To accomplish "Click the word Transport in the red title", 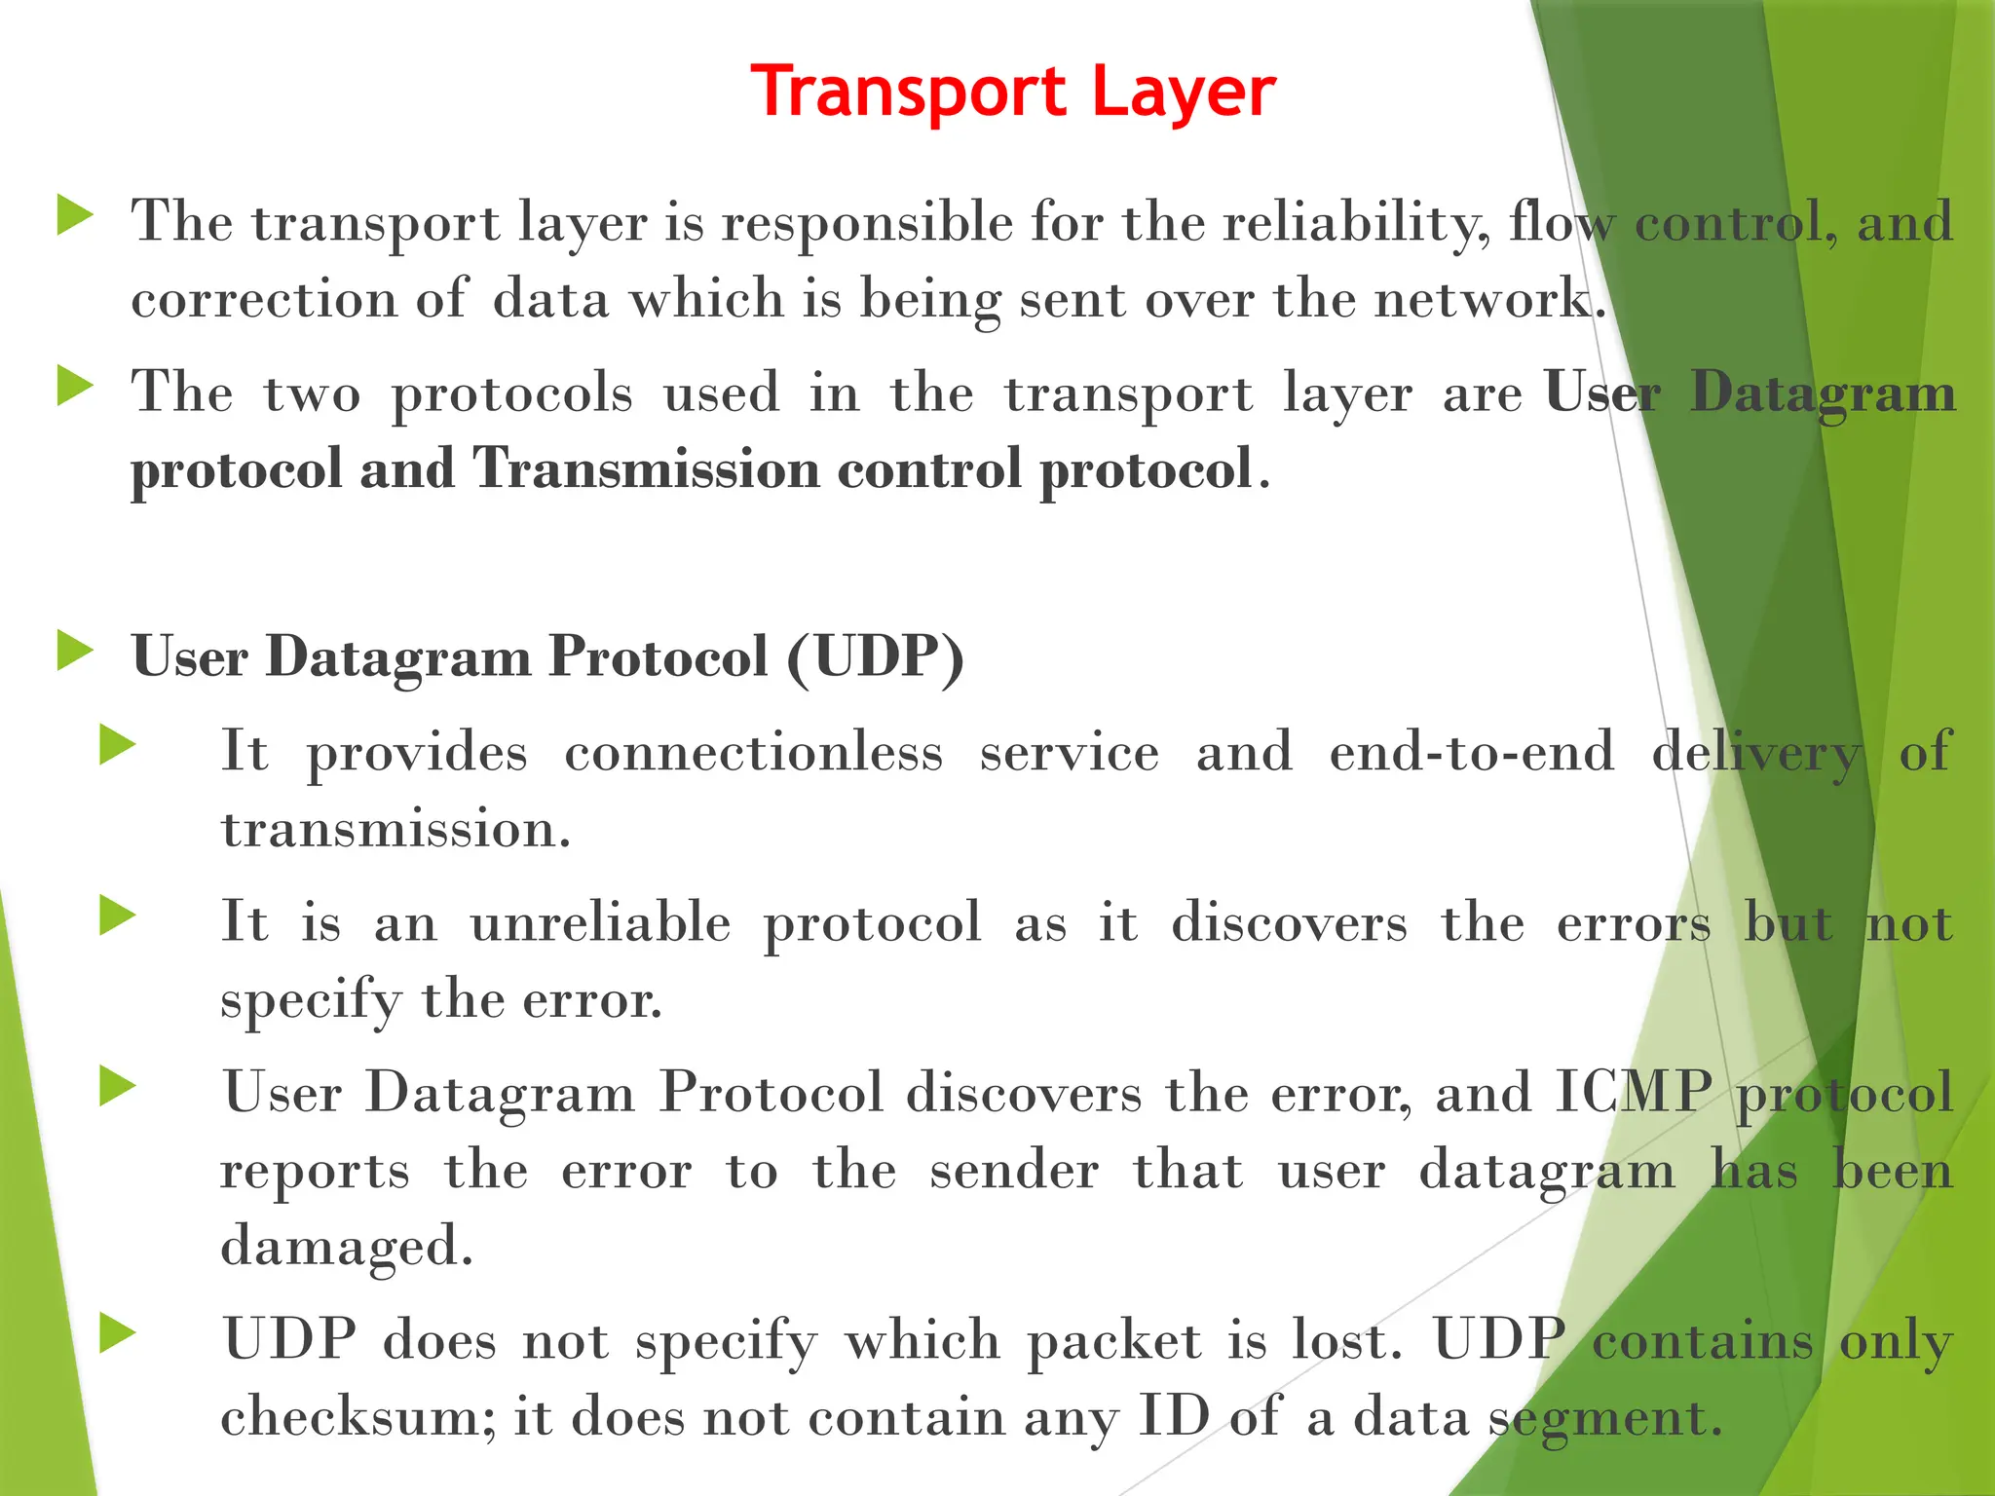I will pyautogui.click(x=909, y=93).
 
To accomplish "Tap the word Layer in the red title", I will pyautogui.click(x=1183, y=93).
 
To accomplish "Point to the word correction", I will pyautogui.click(x=264, y=298).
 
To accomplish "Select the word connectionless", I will pyautogui.click(x=754, y=752).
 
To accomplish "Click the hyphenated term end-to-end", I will pyautogui.click(x=1472, y=752).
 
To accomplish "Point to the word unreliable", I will pyautogui.click(x=600, y=922).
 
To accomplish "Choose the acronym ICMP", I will pyautogui.click(x=1633, y=1093).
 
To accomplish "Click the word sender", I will pyautogui.click(x=1014, y=1170).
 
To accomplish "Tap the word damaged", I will pyautogui.click(x=347, y=1247).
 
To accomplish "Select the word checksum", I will pyautogui.click(x=358, y=1417).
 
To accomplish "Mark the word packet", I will pyautogui.click(x=1114, y=1341).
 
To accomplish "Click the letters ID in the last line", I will pyautogui.click(x=1174, y=1417).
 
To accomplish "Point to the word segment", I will pyautogui.click(x=1605, y=1417).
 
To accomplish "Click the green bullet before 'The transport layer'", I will pyautogui.click(x=76, y=215).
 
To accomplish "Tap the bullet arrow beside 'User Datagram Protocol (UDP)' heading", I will pyautogui.click(x=76, y=651).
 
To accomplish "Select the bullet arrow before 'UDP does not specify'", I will pyautogui.click(x=118, y=1334).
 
